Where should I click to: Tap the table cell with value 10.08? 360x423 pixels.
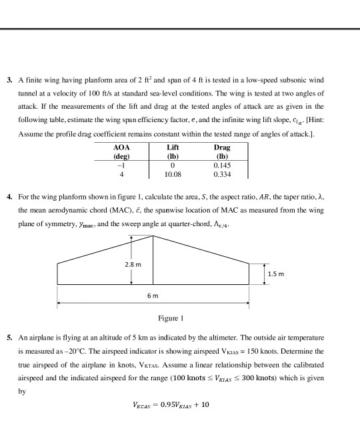(x=173, y=174)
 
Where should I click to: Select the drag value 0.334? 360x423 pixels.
(x=221, y=174)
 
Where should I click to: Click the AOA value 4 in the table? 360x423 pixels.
(x=121, y=174)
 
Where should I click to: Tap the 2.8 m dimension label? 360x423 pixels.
(x=134, y=266)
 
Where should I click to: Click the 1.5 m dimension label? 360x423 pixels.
(x=275, y=274)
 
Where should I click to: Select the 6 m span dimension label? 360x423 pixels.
(x=153, y=295)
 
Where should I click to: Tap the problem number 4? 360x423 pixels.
(x=9, y=199)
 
